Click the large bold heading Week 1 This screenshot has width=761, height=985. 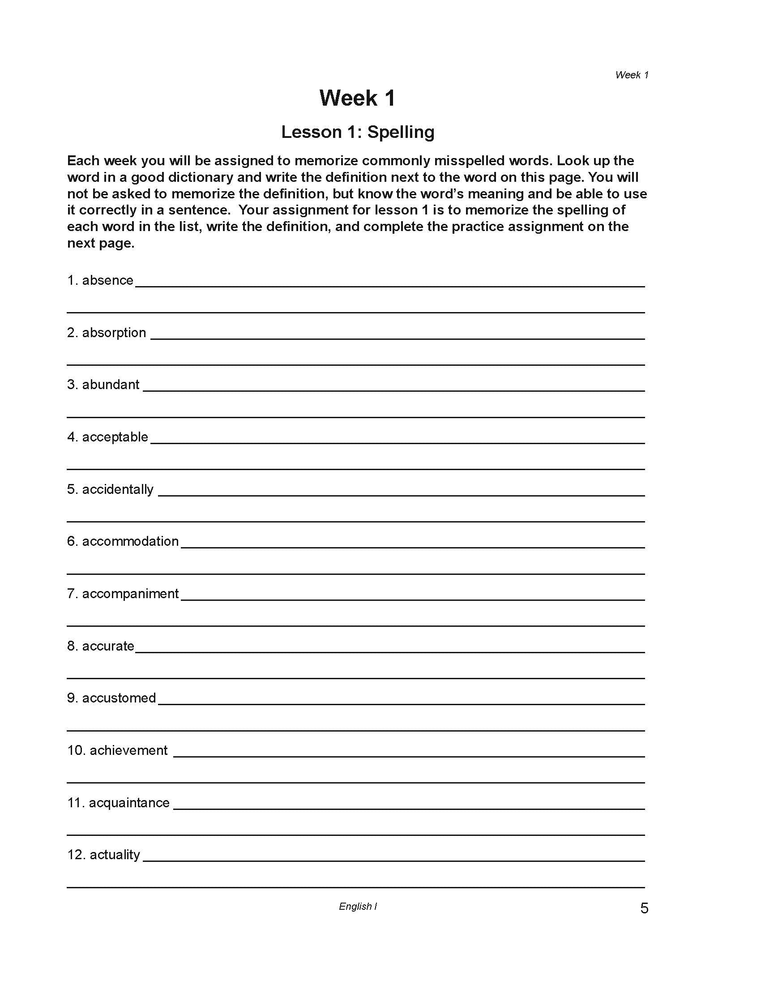point(358,98)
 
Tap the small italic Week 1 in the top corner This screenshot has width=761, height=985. point(632,75)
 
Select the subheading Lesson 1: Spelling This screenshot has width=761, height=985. point(358,132)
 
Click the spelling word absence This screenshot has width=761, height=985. point(108,280)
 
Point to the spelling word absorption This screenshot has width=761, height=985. point(114,332)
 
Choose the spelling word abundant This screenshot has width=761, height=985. point(111,385)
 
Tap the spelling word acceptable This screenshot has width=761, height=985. point(115,437)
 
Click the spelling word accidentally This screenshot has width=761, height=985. point(118,489)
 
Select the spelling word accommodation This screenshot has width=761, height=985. point(130,541)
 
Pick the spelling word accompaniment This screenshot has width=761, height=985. point(130,594)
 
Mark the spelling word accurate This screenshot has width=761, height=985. point(108,646)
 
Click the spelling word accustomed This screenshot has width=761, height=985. point(119,698)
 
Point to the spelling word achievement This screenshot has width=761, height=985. point(128,750)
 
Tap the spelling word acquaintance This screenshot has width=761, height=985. point(129,803)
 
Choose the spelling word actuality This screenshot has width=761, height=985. point(115,855)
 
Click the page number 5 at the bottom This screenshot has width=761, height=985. point(644,908)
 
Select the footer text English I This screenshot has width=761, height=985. point(358,907)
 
